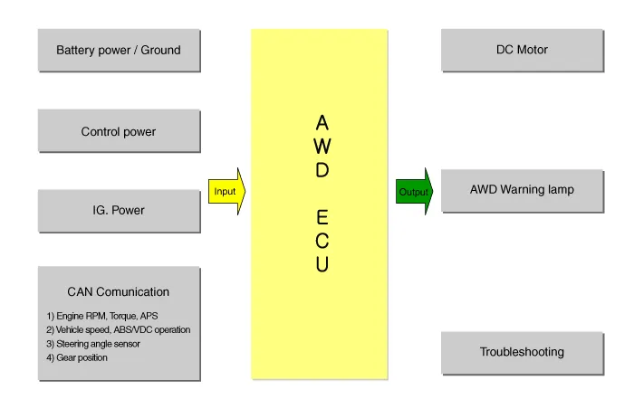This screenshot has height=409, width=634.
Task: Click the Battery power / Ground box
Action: click(119, 50)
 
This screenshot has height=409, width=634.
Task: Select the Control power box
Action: click(119, 131)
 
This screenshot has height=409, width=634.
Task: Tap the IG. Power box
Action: click(119, 211)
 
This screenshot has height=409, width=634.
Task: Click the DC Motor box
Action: click(522, 50)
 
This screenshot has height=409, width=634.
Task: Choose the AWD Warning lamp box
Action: click(522, 190)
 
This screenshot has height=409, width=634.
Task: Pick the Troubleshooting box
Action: click(522, 352)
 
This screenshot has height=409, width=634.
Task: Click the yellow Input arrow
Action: click(226, 191)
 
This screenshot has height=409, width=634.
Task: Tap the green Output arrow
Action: click(414, 191)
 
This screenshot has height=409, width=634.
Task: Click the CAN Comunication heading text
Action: click(119, 291)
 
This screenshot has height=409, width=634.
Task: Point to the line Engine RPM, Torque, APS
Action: click(102, 316)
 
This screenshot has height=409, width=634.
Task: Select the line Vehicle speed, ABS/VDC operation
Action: click(119, 329)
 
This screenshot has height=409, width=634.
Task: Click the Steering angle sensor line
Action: click(93, 344)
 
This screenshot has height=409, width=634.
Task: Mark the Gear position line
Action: click(77, 357)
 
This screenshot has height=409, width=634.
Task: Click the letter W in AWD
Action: click(322, 146)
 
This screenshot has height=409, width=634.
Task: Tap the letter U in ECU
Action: click(322, 265)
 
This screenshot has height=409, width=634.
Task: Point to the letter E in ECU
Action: click(322, 218)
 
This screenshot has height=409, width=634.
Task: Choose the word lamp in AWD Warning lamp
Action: click(559, 190)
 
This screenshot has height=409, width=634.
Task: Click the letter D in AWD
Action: click(322, 169)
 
